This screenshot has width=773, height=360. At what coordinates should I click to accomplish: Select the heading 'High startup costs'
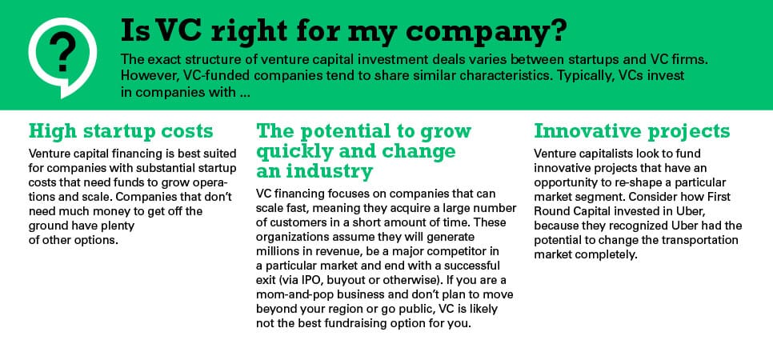[x=121, y=131]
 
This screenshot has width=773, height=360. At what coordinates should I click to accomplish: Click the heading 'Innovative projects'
[x=631, y=131]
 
